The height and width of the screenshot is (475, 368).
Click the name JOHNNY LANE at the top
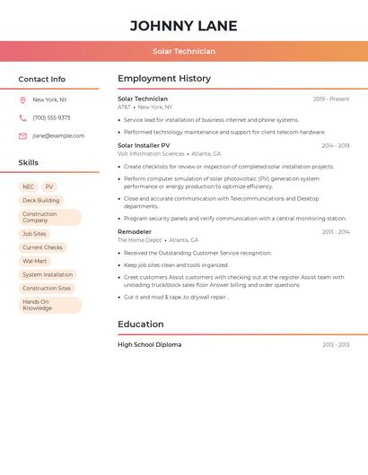(184, 26)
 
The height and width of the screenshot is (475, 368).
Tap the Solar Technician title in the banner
(184, 51)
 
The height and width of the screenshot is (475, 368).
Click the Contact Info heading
(42, 79)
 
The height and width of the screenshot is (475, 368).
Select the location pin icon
(22, 100)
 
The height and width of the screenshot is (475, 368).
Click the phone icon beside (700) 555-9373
(22, 118)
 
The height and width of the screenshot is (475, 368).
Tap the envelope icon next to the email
(22, 136)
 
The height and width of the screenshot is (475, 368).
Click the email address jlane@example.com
(58, 136)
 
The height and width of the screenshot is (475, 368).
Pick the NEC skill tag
(29, 187)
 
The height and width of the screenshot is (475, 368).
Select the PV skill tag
(49, 187)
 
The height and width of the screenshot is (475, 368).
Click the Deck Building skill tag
(41, 201)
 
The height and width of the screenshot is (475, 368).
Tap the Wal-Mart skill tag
(35, 261)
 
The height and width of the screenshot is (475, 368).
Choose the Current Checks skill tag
(43, 247)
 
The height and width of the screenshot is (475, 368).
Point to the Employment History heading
(164, 79)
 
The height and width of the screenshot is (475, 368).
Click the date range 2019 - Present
(331, 99)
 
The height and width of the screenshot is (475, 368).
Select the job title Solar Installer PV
(144, 145)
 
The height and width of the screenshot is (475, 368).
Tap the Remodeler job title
(135, 232)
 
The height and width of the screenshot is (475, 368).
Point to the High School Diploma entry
(149, 345)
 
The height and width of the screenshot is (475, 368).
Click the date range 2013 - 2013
(336, 345)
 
